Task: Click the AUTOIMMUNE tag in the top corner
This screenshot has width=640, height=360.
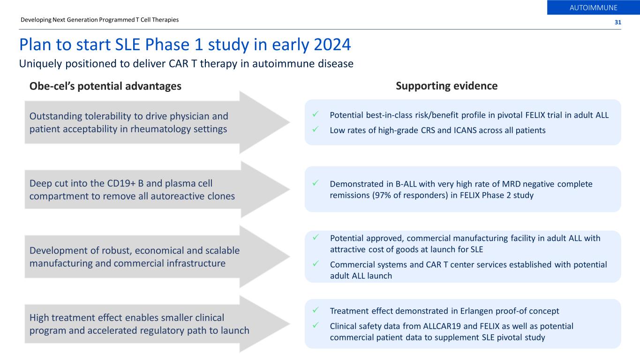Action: tap(594, 7)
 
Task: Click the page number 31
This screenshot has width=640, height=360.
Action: tap(617, 22)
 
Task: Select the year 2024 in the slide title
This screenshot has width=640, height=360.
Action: tap(332, 45)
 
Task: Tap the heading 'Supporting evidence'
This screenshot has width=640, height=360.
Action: tap(446, 86)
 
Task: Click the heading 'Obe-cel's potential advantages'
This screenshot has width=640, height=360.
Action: tap(105, 86)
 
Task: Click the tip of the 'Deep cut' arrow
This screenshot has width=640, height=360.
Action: tap(290, 189)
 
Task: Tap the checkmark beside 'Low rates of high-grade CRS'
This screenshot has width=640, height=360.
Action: tap(316, 129)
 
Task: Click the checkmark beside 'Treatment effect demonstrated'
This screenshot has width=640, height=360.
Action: tap(316, 310)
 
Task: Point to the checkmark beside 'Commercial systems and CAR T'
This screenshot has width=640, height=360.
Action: tap(316, 263)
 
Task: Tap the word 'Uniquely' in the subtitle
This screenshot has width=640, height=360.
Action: tap(40, 64)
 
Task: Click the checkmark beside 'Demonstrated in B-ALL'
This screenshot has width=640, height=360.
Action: tap(316, 183)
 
